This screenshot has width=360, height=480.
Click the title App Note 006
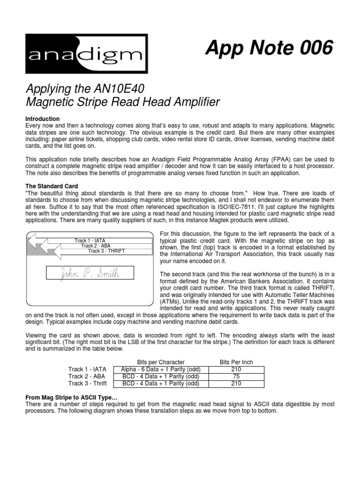click(269, 48)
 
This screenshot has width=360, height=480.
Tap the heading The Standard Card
click(52, 186)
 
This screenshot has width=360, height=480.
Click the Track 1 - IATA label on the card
click(90, 240)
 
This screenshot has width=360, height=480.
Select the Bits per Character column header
click(160, 362)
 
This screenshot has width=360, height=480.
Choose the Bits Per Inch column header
click(236, 362)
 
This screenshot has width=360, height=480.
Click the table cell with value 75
click(236, 376)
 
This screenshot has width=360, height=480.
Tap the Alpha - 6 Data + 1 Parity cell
click(160, 369)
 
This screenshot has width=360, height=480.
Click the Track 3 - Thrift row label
click(88, 383)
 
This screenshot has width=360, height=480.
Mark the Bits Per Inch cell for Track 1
click(236, 369)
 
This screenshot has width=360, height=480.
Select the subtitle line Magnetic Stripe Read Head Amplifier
click(122, 102)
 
